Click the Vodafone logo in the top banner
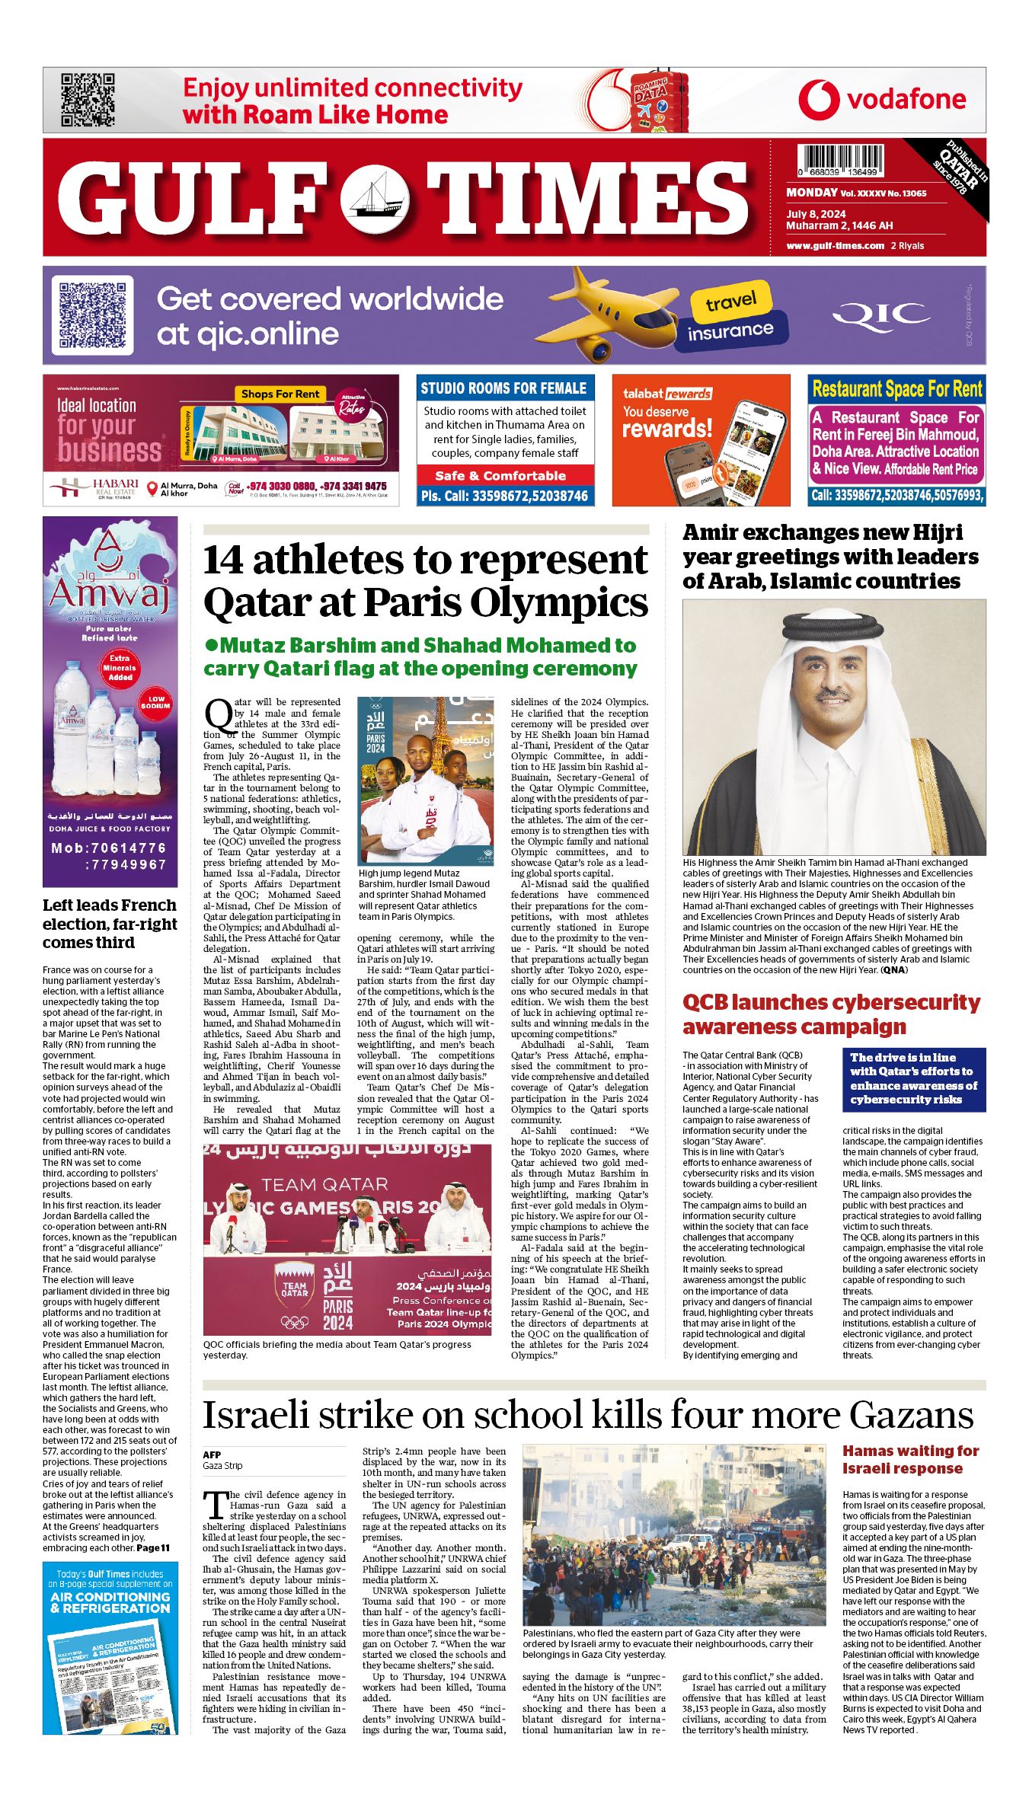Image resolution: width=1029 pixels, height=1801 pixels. (882, 100)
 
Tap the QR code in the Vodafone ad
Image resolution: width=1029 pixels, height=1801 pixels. (88, 100)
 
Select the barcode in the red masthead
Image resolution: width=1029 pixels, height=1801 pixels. (842, 161)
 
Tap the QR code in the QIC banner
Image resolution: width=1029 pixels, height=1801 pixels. (92, 315)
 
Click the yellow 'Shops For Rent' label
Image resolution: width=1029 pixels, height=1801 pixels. (280, 394)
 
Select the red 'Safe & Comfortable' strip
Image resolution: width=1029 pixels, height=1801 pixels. (505, 476)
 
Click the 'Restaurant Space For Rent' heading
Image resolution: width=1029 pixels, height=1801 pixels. (896, 389)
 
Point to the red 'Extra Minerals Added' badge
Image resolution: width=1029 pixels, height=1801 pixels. (120, 667)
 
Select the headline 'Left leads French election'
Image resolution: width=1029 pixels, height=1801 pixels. (110, 923)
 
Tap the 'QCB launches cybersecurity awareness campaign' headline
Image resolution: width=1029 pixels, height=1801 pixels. (831, 1014)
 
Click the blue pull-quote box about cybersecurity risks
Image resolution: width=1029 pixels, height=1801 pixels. (914, 1078)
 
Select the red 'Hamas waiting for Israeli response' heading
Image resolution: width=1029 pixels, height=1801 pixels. (910, 1459)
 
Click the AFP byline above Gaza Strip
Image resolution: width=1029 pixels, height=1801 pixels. (212, 1455)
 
